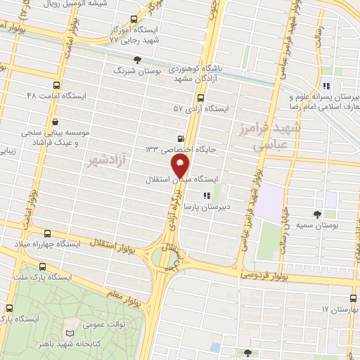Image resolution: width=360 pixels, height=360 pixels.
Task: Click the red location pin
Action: [181, 167]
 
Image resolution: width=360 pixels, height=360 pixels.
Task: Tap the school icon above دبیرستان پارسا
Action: [206, 176]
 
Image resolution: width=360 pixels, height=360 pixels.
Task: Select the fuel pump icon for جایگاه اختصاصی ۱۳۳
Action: [181, 139]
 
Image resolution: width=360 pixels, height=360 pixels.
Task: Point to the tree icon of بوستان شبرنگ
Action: [137, 60]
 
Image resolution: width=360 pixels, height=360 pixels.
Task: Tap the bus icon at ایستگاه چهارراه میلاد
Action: [47, 233]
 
